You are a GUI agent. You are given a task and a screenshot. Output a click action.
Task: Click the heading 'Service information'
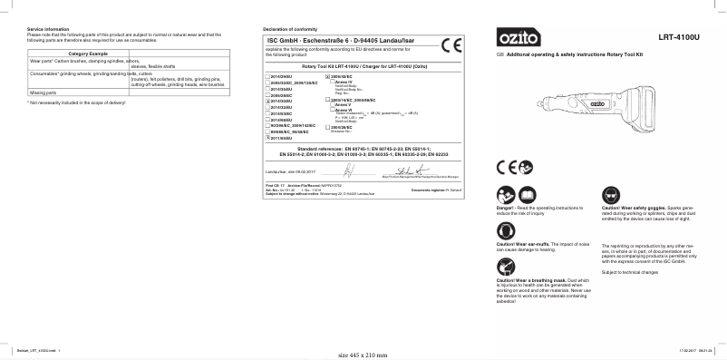tap(44, 30)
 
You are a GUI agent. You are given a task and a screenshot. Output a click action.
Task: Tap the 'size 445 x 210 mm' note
tap(362, 355)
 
